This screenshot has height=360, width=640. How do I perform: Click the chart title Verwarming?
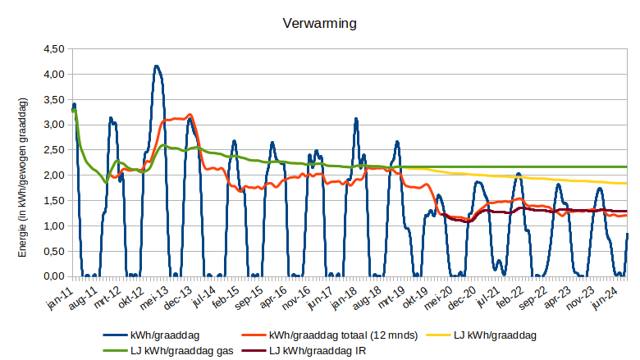tap(319, 24)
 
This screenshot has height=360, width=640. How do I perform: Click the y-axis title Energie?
tap(23, 176)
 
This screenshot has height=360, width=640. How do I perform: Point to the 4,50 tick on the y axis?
tap(53, 49)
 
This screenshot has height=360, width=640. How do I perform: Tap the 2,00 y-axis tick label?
tap(53, 175)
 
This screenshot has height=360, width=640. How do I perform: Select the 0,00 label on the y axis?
tap(53, 276)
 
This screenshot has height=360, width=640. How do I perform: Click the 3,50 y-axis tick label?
tap(53, 100)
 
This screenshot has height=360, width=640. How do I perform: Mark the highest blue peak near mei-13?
tap(156, 66)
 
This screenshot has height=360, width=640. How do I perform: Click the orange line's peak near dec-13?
tap(190, 114)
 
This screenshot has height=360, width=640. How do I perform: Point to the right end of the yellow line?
tap(628, 183)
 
